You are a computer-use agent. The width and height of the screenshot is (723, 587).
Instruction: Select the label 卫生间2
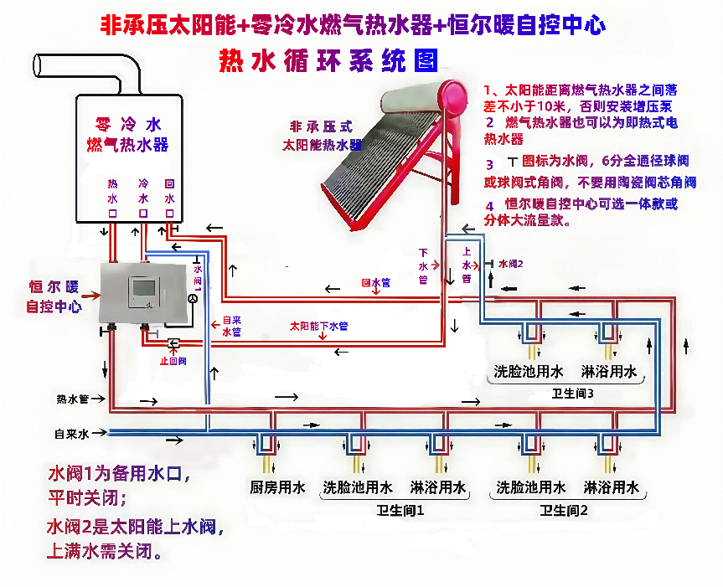[565, 509]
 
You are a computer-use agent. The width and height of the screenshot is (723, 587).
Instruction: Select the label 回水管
[375, 283]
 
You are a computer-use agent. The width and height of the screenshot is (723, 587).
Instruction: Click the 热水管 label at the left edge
[72, 399]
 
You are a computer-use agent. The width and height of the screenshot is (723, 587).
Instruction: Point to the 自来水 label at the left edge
[70, 434]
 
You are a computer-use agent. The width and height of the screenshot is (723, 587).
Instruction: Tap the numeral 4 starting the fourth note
[490, 205]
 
